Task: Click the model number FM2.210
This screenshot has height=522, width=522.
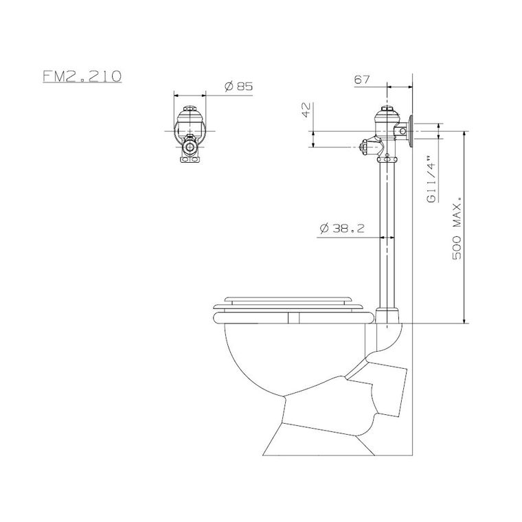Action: (x=82, y=76)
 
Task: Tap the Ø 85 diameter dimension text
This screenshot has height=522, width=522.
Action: (x=239, y=87)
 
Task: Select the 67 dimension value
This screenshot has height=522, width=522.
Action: (x=362, y=80)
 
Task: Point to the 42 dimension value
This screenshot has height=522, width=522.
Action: (x=306, y=110)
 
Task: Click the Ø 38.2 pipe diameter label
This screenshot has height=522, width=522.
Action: (x=342, y=228)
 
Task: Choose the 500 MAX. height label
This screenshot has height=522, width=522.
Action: (x=457, y=228)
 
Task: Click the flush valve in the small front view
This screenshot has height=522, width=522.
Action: (x=190, y=135)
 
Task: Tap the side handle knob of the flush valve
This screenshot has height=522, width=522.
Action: (x=365, y=147)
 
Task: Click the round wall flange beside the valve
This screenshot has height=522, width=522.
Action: (x=411, y=131)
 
